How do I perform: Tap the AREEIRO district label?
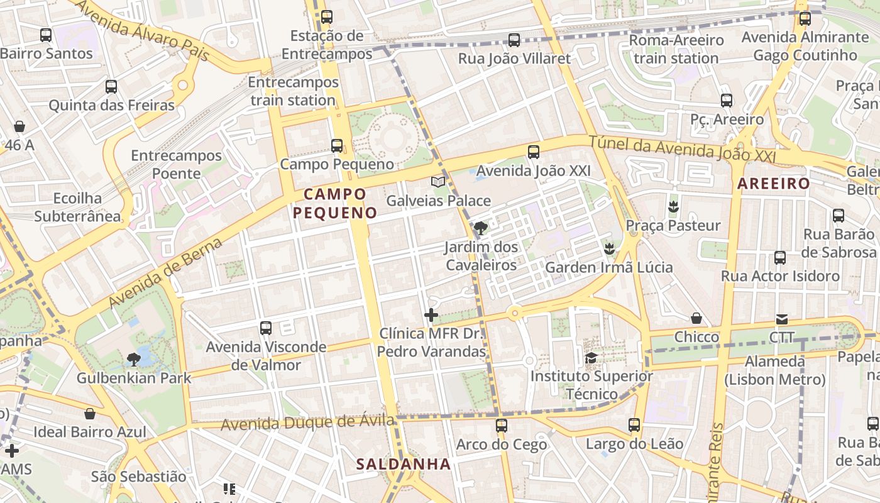tap(774, 184)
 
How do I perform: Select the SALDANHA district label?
tap(404, 464)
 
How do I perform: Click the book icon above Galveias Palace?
tap(438, 182)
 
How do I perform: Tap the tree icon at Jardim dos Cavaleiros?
tap(481, 228)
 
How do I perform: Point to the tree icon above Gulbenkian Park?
tap(133, 359)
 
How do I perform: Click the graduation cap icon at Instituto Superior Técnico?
tap(591, 358)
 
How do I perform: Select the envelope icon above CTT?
tap(782, 319)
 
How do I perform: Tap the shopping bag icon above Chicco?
tap(696, 318)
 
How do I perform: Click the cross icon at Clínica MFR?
tap(431, 315)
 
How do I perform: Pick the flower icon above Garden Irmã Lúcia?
tap(608, 248)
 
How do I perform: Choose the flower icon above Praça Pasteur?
tap(673, 206)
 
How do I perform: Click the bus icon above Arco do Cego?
tap(501, 426)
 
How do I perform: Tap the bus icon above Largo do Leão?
tap(634, 425)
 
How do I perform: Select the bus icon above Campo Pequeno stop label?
tap(337, 146)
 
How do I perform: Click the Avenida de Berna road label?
tap(165, 274)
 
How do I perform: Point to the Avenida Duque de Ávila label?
tap(307, 423)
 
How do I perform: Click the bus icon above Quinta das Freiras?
tap(111, 87)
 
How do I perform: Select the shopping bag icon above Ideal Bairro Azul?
tap(90, 413)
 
